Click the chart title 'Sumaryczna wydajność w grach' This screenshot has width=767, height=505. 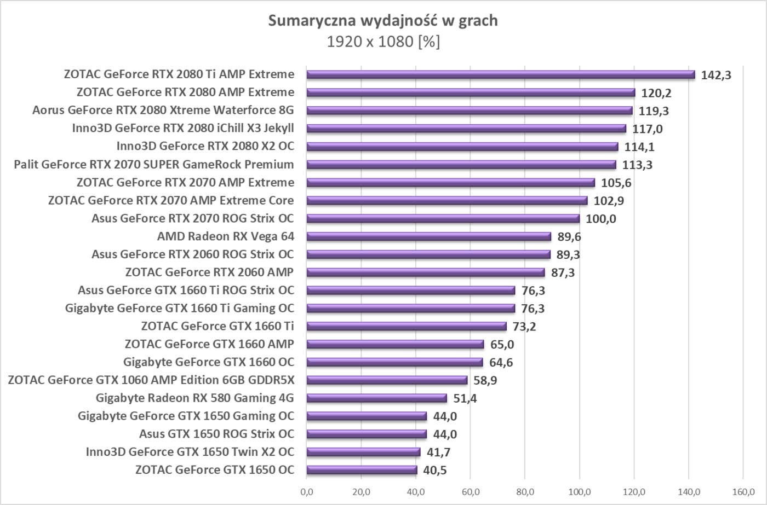point(383,21)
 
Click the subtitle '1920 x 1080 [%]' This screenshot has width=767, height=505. point(383,42)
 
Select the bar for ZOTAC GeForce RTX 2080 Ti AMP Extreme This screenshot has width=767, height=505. point(500,74)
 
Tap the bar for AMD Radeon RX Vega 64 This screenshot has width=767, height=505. point(428,236)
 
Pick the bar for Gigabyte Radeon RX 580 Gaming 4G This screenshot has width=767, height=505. point(376,398)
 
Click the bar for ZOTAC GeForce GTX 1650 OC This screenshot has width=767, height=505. point(362,470)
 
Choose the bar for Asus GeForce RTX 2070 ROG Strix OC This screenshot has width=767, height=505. point(443,218)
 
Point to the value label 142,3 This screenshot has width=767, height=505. point(716,75)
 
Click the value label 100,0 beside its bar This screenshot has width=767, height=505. point(601,219)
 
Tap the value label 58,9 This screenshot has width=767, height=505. point(485,381)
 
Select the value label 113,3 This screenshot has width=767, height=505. point(637,165)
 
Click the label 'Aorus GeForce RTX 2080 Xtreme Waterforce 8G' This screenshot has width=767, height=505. point(163,111)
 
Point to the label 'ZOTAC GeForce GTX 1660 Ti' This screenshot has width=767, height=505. point(217,327)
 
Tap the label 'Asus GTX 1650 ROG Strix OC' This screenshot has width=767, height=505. point(216,434)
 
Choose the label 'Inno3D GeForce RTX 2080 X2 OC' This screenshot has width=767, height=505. point(205,147)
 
